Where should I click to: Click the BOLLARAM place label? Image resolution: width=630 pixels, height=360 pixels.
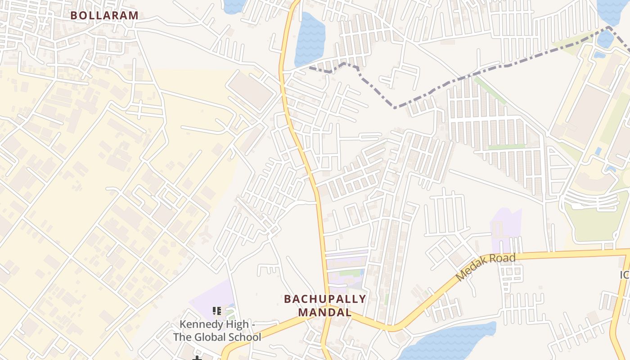[104, 15]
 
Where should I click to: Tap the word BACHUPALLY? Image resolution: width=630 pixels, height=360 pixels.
[325, 299]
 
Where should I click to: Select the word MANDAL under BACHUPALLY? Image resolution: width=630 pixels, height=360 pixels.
[325, 312]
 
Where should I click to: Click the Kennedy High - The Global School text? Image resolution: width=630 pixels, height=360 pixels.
[217, 331]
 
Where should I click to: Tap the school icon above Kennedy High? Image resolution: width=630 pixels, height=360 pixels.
[217, 310]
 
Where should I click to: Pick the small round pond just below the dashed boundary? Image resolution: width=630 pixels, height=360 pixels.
[605, 39]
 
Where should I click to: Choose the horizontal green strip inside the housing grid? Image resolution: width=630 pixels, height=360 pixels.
[506, 147]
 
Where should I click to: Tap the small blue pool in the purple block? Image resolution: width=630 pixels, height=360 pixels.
[362, 273]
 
